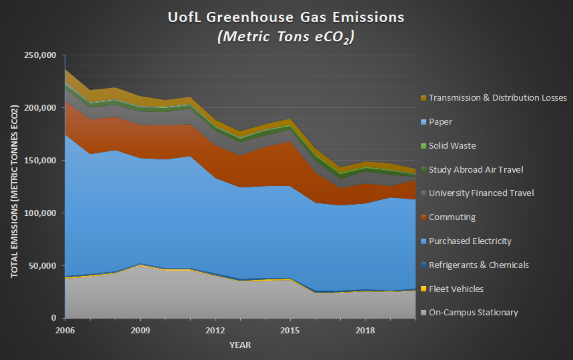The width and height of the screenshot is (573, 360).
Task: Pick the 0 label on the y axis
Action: tap(55, 319)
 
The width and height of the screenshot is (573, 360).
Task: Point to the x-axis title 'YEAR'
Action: tap(240, 345)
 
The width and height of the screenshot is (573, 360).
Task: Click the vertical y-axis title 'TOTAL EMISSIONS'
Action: tap(14, 187)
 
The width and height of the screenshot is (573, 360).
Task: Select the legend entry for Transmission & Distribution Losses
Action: tap(498, 98)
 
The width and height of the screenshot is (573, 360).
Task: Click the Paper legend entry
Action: tap(441, 122)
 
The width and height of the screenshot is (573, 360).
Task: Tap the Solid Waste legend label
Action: tap(452, 146)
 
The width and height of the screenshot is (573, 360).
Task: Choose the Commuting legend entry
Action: tap(451, 217)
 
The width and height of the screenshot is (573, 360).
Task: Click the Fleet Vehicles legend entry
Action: tap(456, 289)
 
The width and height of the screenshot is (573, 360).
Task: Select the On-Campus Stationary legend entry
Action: tap(474, 313)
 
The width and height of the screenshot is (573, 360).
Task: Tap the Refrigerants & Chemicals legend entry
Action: tap(479, 265)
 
